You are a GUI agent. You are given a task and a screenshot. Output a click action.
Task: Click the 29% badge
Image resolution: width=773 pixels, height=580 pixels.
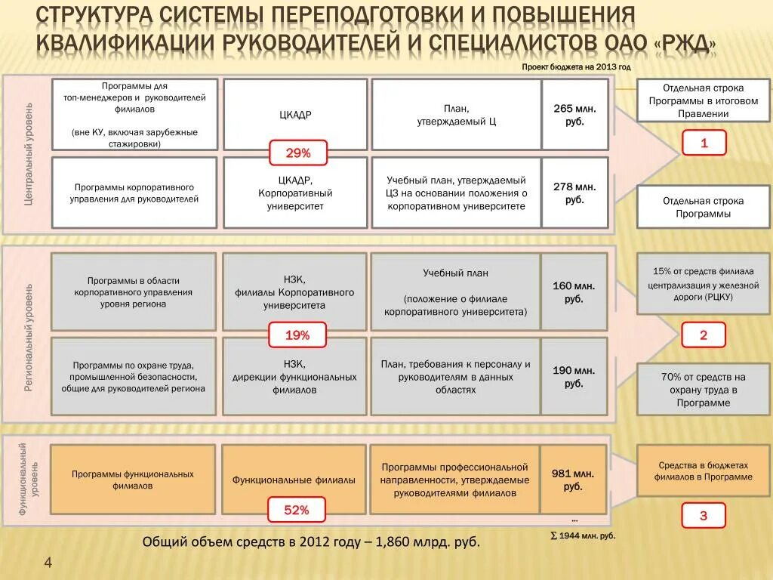[298, 153]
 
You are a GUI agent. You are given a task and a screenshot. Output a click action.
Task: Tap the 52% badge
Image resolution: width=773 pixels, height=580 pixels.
[297, 510]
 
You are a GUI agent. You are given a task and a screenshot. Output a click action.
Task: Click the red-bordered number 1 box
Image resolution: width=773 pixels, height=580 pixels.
[704, 143]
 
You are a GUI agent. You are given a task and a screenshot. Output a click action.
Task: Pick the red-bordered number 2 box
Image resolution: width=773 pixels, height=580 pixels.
[704, 335]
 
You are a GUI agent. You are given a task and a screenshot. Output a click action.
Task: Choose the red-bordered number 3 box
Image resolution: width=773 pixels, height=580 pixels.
[704, 517]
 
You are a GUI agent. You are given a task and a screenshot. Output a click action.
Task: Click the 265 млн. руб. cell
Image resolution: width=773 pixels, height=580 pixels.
[574, 115]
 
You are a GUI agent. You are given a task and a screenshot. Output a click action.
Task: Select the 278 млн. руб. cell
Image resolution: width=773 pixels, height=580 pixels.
[574, 193]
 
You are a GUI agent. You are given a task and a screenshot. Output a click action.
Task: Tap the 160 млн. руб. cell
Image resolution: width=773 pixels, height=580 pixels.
[574, 292]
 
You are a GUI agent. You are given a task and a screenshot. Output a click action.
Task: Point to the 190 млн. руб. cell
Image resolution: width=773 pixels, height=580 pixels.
[574, 377]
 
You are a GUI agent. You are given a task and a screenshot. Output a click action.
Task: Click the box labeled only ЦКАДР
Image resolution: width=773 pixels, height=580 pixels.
[295, 115]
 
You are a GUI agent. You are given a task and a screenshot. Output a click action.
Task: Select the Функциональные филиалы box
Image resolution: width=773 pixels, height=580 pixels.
[294, 480]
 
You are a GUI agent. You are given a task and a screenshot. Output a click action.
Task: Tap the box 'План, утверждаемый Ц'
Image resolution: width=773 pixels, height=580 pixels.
[456, 115]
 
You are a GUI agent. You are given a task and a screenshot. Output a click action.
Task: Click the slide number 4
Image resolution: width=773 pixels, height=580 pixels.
[48, 563]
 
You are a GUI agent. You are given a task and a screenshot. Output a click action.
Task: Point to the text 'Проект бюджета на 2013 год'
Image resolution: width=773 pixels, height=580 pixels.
[576, 67]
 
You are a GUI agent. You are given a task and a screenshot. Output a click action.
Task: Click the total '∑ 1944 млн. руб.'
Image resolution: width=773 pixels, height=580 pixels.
[582, 535]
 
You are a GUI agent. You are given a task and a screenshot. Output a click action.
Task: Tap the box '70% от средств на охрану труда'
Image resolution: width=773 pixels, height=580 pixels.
[703, 390]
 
